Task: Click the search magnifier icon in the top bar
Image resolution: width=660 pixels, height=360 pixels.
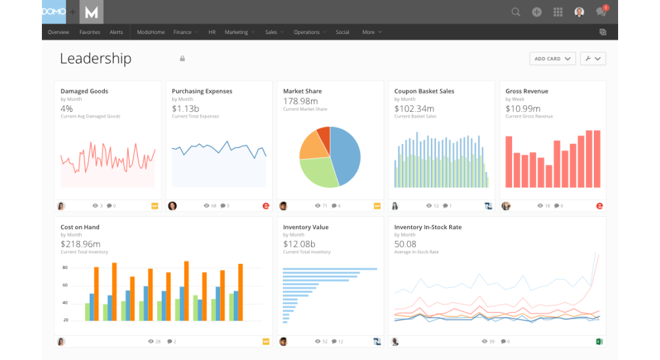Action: click(x=516, y=12)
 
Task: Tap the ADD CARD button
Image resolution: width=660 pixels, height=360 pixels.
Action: click(x=552, y=58)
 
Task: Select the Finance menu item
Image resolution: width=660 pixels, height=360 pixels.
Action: click(x=182, y=32)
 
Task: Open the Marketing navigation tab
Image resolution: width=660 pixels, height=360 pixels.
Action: click(x=236, y=32)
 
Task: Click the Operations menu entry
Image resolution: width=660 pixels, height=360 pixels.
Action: click(x=306, y=32)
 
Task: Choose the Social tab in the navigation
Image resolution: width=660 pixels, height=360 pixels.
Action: click(x=342, y=32)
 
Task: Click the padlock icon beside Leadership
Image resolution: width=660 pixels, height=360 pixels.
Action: click(x=182, y=58)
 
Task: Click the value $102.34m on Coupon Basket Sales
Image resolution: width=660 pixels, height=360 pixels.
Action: click(x=414, y=109)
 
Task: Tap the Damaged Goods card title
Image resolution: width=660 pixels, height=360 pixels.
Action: click(x=84, y=91)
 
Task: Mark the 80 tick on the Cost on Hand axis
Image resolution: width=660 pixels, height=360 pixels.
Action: click(x=65, y=268)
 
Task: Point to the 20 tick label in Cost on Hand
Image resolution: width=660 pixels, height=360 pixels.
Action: click(x=65, y=320)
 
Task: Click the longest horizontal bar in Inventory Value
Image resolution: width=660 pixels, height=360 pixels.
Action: click(x=330, y=269)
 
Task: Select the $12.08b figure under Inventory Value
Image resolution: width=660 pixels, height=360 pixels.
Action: click(x=299, y=244)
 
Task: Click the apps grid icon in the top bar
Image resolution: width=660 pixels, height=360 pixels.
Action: click(x=558, y=12)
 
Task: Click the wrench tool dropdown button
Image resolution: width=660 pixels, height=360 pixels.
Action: click(x=593, y=58)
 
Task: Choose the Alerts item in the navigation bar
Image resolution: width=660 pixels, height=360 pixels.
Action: click(x=116, y=32)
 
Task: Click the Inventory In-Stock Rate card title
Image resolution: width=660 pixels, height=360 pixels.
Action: click(x=428, y=227)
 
